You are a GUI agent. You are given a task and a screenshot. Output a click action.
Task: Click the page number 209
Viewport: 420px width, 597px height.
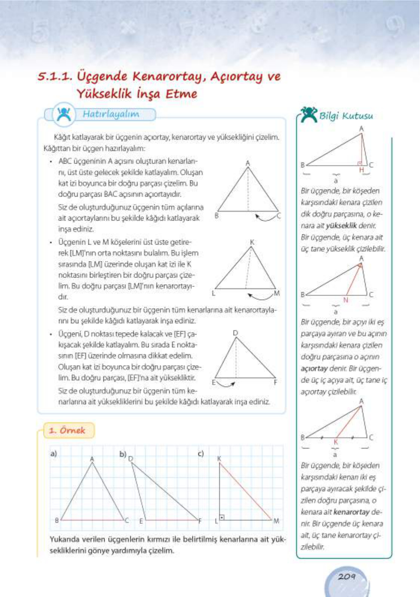coord(346,577)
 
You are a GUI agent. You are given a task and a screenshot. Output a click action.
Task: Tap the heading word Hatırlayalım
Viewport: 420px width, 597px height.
coord(111,114)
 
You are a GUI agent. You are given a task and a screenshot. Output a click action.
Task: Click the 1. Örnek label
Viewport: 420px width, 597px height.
coord(67,430)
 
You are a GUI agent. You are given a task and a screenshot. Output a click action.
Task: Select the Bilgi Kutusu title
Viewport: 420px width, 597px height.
coord(346,116)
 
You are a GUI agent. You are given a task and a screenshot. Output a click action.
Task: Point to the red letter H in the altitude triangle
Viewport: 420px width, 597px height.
coord(361,170)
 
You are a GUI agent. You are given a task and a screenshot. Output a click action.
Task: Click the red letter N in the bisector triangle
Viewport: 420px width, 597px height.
coord(346,300)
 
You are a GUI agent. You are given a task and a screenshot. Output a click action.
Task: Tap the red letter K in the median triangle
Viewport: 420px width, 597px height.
coord(336,442)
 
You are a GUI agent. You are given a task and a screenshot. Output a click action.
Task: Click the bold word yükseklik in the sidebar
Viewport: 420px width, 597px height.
coord(341,226)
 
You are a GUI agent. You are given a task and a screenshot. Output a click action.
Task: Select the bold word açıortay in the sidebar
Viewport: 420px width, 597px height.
coord(314,369)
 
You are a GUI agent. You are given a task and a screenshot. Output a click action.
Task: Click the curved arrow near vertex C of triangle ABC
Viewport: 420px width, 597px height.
coord(265,217)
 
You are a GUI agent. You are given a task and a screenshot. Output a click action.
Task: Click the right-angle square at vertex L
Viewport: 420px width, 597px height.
coord(222,518)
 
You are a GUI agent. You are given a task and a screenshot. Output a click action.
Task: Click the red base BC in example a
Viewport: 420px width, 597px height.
coord(92,520)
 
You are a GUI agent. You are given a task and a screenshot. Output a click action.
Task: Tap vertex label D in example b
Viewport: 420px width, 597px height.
coord(131,458)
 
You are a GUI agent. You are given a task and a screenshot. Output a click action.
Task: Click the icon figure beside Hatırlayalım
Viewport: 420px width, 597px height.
coord(64,114)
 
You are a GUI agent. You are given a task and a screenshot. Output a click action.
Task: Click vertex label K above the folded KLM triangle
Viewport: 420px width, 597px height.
coord(252,242)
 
